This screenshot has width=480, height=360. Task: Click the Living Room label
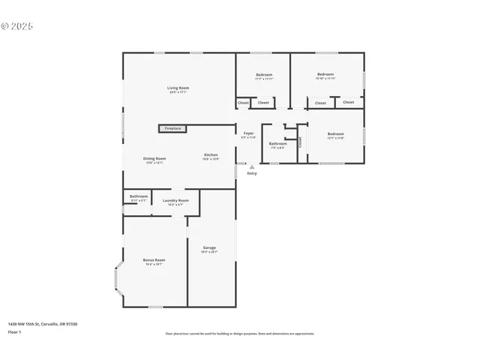point(178,88)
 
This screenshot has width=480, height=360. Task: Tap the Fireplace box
point(172,128)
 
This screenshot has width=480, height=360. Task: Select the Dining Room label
point(154,159)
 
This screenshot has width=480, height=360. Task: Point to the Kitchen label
point(211,155)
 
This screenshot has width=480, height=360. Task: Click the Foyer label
point(248,133)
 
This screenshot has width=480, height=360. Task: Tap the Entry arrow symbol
point(251,166)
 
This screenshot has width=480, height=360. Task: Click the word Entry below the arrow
point(251,173)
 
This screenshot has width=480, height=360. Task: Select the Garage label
point(209,248)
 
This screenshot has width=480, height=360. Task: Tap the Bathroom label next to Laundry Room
point(138,196)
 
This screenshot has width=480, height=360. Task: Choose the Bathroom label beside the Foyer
point(277,143)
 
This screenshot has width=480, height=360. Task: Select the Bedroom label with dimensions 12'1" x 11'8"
point(335,134)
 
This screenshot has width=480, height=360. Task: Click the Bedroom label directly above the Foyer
point(264,75)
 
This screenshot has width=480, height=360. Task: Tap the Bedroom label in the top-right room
point(325,74)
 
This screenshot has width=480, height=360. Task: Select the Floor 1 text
point(14,331)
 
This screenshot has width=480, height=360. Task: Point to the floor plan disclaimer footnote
point(240,334)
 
